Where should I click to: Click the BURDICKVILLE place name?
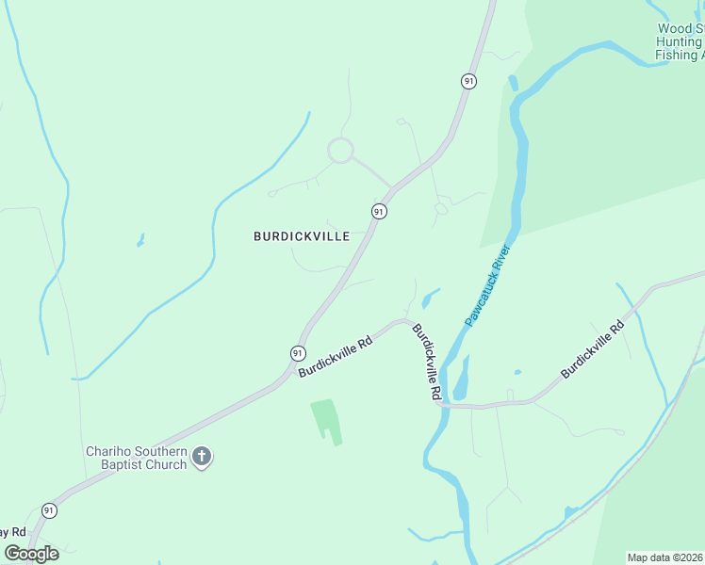302,236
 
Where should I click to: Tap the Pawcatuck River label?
487,285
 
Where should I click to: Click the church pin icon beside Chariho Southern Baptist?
201,458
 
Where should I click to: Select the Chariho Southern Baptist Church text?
136,459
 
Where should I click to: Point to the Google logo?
31,553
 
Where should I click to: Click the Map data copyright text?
665,557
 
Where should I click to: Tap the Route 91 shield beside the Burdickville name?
378,211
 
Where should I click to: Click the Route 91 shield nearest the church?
49,509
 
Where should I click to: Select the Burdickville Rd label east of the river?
593,350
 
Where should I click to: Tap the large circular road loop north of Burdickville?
340,151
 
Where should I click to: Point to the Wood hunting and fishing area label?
680,42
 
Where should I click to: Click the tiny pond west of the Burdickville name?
141,240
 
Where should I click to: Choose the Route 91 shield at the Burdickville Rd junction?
297,352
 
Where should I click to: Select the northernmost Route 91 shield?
467,82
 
